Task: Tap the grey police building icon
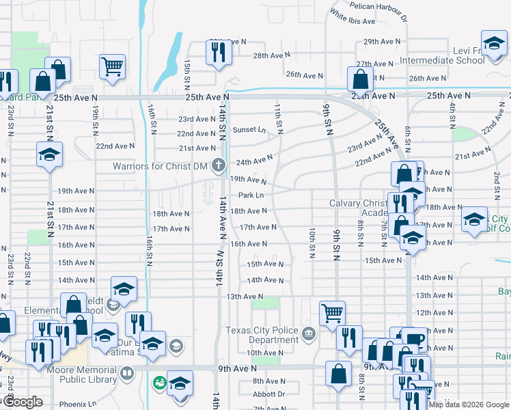click(309, 333)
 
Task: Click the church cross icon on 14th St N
click(218, 164)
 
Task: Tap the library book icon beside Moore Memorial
click(126, 374)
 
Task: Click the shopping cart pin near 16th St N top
click(112, 66)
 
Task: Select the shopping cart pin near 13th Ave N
click(332, 312)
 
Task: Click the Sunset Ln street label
click(248, 129)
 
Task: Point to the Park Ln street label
click(247, 195)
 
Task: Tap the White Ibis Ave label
click(352, 16)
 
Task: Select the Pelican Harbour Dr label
click(378, 5)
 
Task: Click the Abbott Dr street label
click(268, 394)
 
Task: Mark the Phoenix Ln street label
click(77, 403)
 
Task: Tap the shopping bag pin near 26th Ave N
click(360, 79)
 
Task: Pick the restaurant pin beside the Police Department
click(348, 338)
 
